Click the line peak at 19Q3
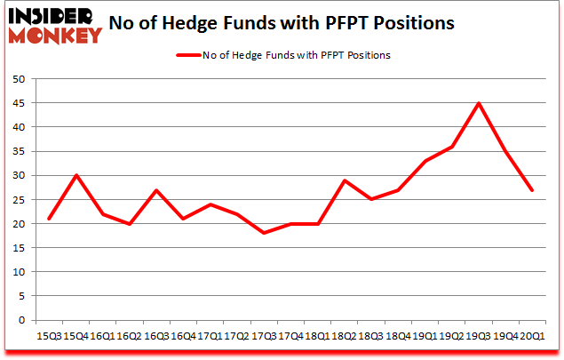480,103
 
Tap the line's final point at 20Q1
531,190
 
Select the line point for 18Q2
345,180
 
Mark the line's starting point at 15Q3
49,219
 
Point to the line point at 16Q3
156,190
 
